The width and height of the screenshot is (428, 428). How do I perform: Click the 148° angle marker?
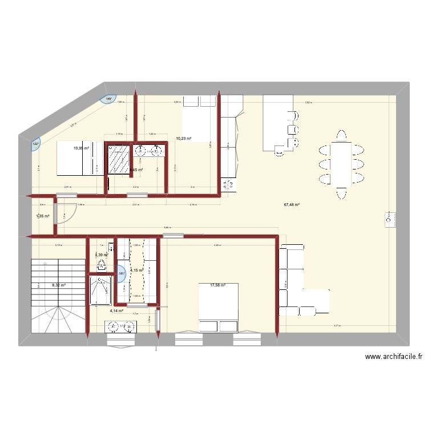pyautogui.click(x=109, y=99)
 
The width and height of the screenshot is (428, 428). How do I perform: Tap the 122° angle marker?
pyautogui.click(x=35, y=144)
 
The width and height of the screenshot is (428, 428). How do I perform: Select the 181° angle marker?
pyautogui.click(x=120, y=273)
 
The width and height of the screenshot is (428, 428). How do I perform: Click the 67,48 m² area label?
pyautogui.click(x=292, y=205)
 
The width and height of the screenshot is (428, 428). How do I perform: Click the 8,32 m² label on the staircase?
pyautogui.click(x=59, y=285)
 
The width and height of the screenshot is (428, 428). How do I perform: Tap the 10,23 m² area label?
pyautogui.click(x=183, y=138)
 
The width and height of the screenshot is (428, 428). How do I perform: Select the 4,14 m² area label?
pyautogui.click(x=117, y=311)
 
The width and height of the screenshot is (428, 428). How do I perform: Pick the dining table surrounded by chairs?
pyautogui.click(x=342, y=164)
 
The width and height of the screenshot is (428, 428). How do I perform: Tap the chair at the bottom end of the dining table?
pyautogui.click(x=342, y=193)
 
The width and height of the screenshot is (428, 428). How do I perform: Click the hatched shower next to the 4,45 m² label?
pyautogui.click(x=120, y=156)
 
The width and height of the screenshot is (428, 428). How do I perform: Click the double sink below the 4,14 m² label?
pyautogui.click(x=120, y=326)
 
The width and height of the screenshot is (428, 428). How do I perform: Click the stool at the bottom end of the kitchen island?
pyautogui.click(x=280, y=151)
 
